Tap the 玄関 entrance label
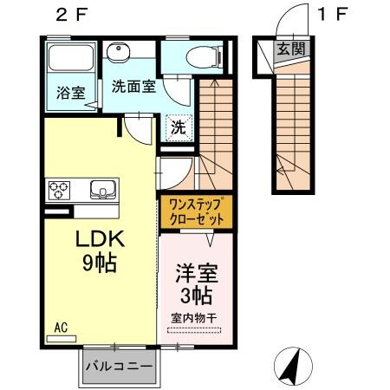289,49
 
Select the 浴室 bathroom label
70,93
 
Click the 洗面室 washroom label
132,86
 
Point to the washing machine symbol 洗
177,126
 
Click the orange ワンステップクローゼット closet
196,211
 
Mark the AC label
61,327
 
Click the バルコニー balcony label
120,366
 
